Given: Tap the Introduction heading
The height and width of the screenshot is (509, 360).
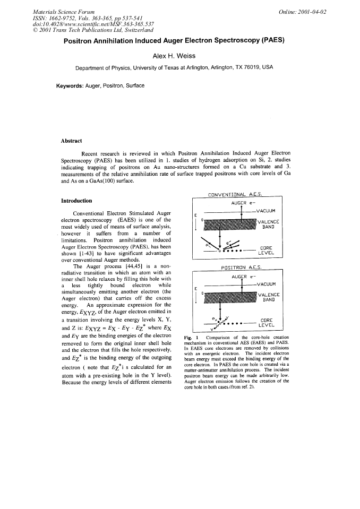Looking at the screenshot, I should point(78,201).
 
